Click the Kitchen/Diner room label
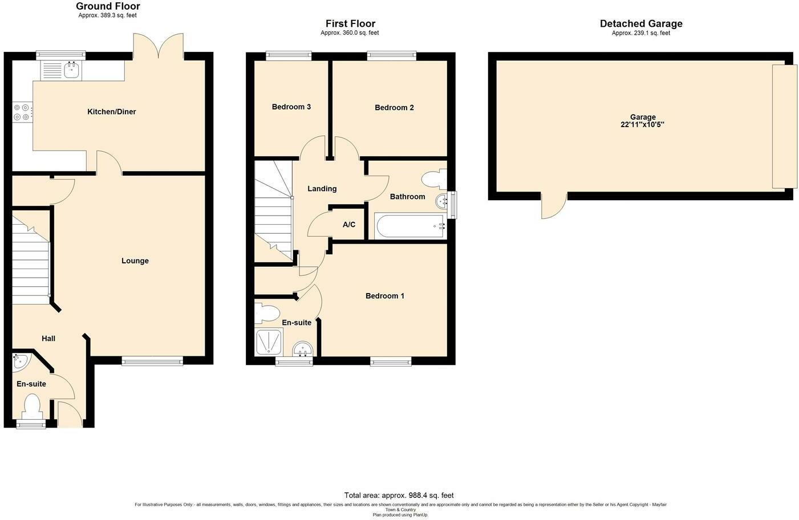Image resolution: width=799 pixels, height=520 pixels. [112, 112]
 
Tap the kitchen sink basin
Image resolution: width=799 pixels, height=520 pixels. [72, 70]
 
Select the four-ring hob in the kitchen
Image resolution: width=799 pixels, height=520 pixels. [22, 112]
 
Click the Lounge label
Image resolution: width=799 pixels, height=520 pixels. [135, 261]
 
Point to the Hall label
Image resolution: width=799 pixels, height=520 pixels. [48, 339]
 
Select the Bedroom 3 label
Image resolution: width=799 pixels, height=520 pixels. [291, 107]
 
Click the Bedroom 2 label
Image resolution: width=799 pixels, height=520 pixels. [394, 107]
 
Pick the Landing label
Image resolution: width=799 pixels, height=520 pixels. [322, 189]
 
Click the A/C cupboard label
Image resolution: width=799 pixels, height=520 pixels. [349, 224]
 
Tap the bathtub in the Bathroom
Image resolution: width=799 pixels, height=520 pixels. [410, 226]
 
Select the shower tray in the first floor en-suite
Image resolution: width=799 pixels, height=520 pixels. [269, 342]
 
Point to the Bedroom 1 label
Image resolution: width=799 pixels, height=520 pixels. [385, 296]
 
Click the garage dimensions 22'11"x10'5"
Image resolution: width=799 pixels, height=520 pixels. [642, 124]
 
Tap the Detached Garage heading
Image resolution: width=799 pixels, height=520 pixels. [641, 23]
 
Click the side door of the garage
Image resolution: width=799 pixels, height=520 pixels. [554, 205]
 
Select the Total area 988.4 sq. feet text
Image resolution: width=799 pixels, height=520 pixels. [399, 495]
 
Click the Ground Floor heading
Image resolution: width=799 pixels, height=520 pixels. [108, 6]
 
